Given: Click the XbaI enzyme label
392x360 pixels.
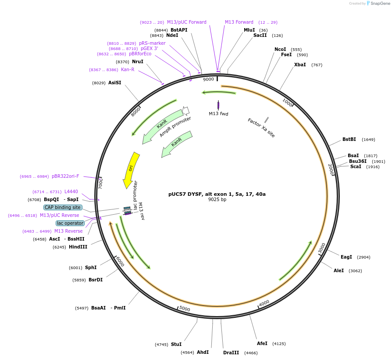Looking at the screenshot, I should [300, 65].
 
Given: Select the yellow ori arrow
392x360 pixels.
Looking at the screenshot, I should [131, 169].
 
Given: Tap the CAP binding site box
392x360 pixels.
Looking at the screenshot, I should [63, 207].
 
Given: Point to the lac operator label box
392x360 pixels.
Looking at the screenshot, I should [70, 223].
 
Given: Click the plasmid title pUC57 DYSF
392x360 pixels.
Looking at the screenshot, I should [217, 194].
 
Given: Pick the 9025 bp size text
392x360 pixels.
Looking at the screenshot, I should [217, 200].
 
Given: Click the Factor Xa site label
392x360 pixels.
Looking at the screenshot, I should [261, 128].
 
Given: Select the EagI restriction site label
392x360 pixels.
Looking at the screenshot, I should [346, 257].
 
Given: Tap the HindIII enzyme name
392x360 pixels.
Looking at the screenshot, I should [78, 247].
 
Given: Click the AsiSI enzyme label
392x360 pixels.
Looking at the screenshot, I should [115, 83].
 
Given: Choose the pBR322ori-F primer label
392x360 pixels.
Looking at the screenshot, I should [65, 176].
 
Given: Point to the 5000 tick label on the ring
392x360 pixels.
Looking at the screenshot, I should [185, 309].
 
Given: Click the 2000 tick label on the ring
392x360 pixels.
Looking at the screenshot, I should [331, 169].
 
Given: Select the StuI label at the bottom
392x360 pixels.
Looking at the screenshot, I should [176, 344].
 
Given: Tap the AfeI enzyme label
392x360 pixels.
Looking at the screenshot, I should [262, 343].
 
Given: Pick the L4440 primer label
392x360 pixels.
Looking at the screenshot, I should [71, 191].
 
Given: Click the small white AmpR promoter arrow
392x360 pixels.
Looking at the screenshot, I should [185, 111].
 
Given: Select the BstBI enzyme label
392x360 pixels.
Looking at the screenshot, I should [349, 140].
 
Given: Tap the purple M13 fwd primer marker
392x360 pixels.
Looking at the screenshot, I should [218, 105].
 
